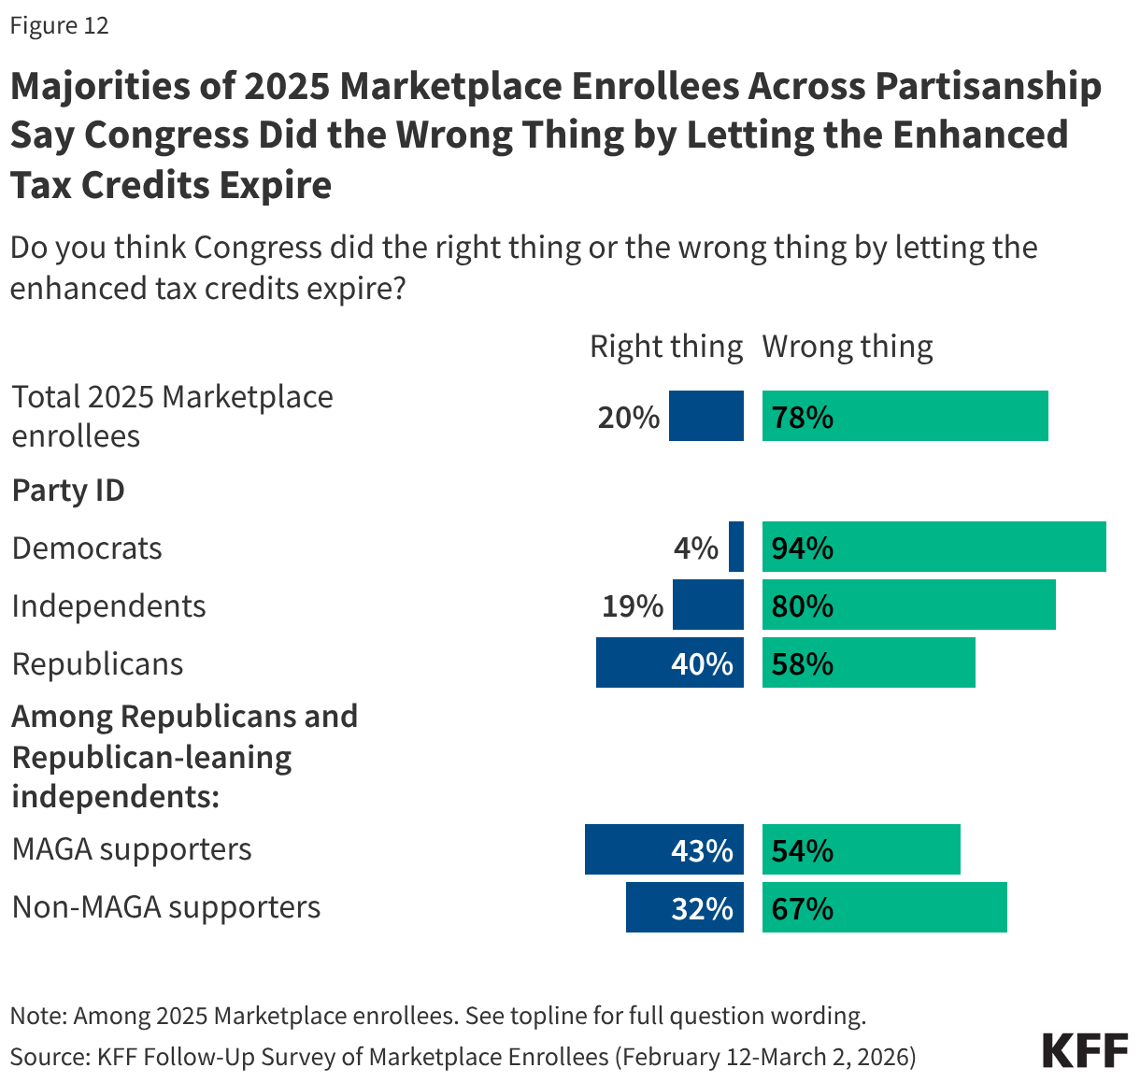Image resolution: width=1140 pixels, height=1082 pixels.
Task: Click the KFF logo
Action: click(x=1085, y=1050)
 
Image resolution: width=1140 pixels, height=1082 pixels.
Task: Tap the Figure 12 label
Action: click(x=60, y=25)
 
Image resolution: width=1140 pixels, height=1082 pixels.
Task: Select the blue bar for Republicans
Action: click(x=669, y=663)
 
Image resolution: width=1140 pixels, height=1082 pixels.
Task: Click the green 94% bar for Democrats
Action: click(x=933, y=548)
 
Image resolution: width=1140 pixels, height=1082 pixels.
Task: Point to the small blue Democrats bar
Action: click(x=736, y=548)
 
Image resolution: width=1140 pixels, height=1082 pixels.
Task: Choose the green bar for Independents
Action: click(x=908, y=605)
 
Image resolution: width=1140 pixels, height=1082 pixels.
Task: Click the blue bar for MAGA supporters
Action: click(x=663, y=850)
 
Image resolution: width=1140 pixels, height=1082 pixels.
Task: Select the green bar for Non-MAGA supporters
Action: click(x=884, y=908)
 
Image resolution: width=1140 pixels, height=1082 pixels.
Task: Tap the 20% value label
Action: click(x=629, y=417)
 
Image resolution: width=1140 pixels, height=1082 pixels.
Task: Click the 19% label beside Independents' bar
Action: click(x=633, y=605)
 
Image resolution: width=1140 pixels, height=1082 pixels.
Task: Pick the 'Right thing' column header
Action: click(x=665, y=347)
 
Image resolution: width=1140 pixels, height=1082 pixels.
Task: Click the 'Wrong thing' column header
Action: click(x=848, y=347)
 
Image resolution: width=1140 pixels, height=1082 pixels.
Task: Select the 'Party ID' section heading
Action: click(x=68, y=490)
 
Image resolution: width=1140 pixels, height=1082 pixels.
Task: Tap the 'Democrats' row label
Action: click(x=87, y=548)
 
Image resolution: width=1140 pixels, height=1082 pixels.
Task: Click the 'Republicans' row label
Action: click(x=97, y=663)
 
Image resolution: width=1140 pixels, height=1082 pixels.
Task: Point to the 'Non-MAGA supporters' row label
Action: click(x=166, y=906)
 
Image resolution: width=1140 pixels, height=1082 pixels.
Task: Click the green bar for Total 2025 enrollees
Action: click(x=905, y=417)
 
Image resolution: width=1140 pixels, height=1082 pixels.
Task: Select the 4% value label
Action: click(x=696, y=548)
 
